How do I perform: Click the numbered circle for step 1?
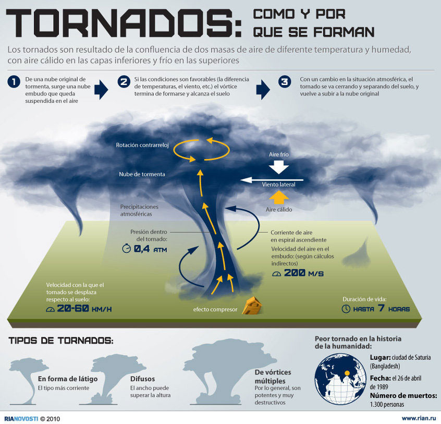coord(14,82)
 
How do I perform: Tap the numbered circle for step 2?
coord(124,82)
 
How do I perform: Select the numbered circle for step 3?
coord(285,82)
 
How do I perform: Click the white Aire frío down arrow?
coord(279,167)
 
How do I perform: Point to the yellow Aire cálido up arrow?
coord(279,197)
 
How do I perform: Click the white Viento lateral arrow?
coord(272,180)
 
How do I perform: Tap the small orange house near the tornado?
coord(252,306)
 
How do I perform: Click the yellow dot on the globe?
coord(347,373)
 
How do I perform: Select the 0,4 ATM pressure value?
coord(151,249)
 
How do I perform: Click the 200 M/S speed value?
coord(304,273)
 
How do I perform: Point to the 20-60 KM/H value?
coord(84,308)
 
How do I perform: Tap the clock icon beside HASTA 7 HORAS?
coord(346,309)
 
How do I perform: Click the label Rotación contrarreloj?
coord(142,145)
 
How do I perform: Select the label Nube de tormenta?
coord(142,174)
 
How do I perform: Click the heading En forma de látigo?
coord(68,379)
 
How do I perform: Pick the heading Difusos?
coord(143,379)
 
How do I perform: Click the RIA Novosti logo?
coord(21,419)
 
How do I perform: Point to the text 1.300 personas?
coord(387,404)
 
